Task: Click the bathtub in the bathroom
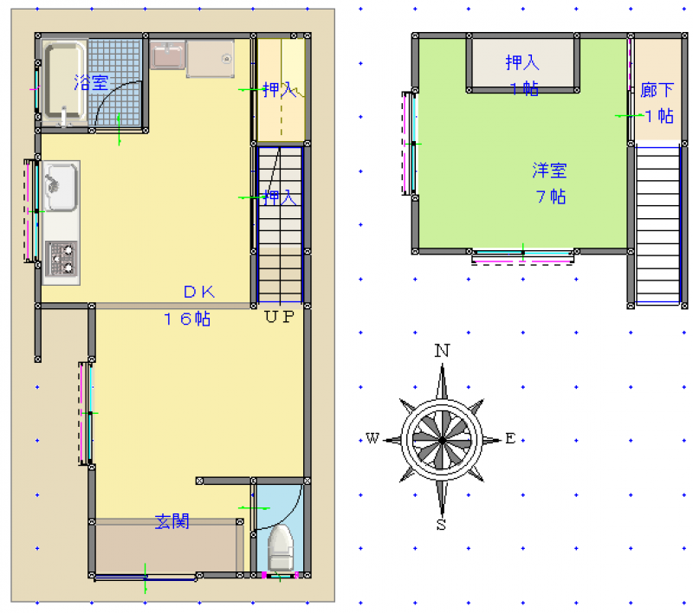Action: point(64,81)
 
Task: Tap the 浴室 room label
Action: point(91,82)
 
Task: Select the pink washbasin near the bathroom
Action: point(167,55)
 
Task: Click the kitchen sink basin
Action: point(62,187)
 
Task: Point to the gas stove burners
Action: point(62,258)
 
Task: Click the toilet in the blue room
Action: point(281,548)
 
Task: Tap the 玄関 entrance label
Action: point(172,521)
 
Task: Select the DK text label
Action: point(199,292)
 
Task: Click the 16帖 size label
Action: point(187,319)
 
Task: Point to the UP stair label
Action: point(279,316)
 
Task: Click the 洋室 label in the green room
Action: point(549,171)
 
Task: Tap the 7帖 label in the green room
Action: point(551,197)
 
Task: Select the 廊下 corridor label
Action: point(657,90)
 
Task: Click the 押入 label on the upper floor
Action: point(522,62)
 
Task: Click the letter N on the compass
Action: point(443,351)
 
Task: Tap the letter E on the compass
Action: point(510,439)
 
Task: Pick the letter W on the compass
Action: point(372,439)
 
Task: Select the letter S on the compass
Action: point(441,524)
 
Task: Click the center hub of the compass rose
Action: point(442,441)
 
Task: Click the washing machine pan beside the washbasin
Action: point(210,59)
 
